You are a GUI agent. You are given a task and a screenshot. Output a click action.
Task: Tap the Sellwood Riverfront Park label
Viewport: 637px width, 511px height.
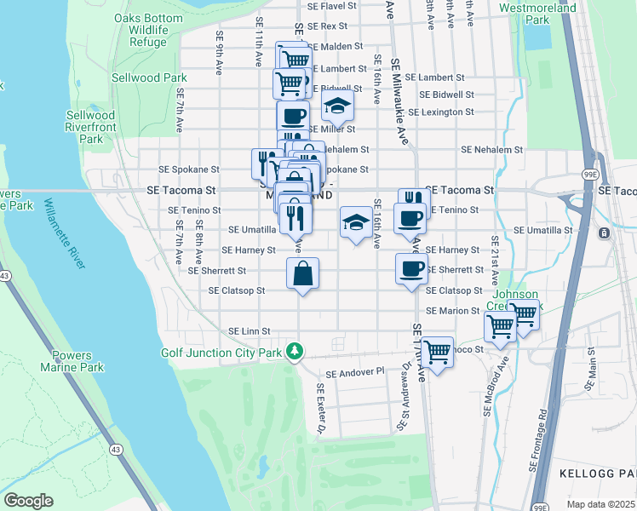91,127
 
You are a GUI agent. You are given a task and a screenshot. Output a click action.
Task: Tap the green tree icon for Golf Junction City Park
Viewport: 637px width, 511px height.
295,351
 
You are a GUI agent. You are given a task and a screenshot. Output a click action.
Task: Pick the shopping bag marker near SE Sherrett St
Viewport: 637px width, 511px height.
302,274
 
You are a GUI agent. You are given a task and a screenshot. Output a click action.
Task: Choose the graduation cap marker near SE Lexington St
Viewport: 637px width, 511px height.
337,106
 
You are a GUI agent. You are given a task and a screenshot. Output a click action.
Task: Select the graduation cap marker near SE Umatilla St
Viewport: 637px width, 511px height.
355,222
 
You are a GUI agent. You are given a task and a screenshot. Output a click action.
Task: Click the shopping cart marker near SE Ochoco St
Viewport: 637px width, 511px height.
437,350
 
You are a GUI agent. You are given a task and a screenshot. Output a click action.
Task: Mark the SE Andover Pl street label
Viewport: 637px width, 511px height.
356,373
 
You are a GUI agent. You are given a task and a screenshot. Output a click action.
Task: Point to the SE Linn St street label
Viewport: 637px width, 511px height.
249,330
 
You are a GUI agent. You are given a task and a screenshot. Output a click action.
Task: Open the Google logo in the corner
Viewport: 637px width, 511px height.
28,501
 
